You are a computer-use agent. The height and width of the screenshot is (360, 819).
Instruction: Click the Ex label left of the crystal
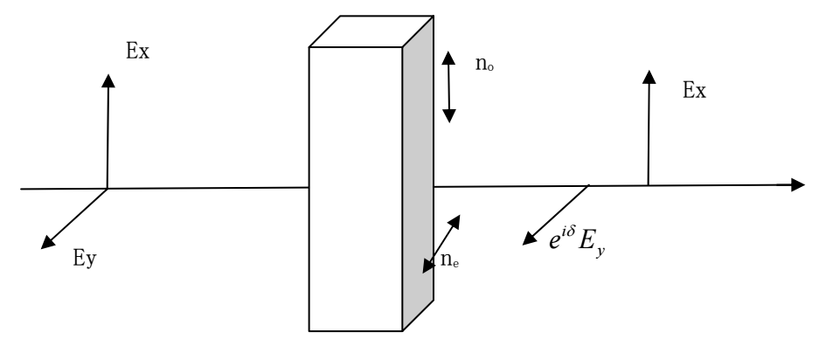pyautogui.click(x=138, y=52)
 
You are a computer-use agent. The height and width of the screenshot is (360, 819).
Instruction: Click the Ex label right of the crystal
pyautogui.click(x=694, y=91)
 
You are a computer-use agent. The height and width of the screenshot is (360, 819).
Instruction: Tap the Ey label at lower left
pyautogui.click(x=85, y=258)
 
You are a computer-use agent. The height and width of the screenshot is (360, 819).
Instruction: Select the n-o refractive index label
pyautogui.click(x=484, y=64)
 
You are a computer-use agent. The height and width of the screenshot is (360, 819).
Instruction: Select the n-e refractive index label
pyautogui.click(x=450, y=260)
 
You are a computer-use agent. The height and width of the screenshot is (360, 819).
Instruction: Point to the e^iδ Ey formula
pyautogui.click(x=577, y=241)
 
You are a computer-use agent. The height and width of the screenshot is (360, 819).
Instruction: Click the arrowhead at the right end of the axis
pyautogui.click(x=797, y=185)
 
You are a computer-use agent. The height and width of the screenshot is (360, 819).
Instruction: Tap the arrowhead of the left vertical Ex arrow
pyautogui.click(x=108, y=80)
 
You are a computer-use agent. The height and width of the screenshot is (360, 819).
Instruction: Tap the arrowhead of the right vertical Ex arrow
pyautogui.click(x=649, y=77)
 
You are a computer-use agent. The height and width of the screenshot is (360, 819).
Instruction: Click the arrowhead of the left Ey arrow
pyautogui.click(x=47, y=242)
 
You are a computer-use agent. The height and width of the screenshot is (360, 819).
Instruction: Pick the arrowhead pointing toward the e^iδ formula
pyautogui.click(x=530, y=239)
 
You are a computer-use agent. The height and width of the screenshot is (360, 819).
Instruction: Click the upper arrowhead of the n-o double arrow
pyautogui.click(x=448, y=58)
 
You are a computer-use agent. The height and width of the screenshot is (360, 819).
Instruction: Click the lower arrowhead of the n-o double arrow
pyautogui.click(x=449, y=116)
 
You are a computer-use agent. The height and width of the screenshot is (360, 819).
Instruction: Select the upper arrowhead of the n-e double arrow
pyautogui.click(x=454, y=221)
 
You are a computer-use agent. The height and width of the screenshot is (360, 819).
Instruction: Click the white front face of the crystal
pyautogui.click(x=356, y=189)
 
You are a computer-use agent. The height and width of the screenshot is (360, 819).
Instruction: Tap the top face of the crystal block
pyautogui.click(x=371, y=31)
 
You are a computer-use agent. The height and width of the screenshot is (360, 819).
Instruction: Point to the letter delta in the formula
pyautogui.click(x=570, y=231)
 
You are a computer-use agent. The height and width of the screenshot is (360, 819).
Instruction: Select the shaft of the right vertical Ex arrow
pyautogui.click(x=649, y=135)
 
